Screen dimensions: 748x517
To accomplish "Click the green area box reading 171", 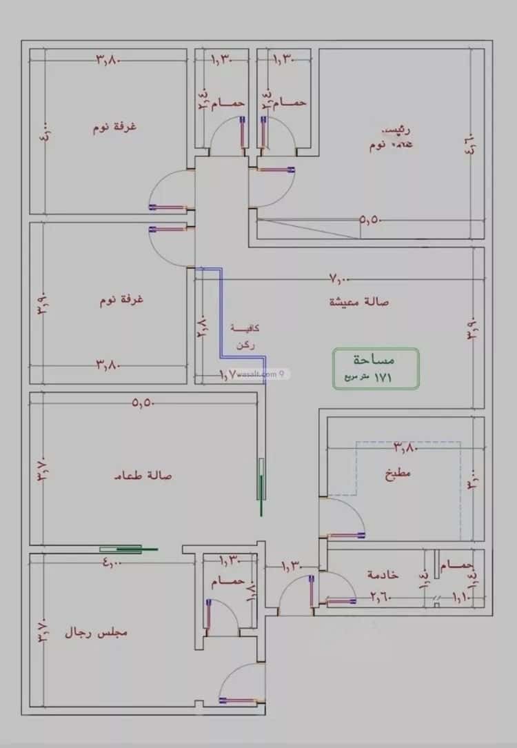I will pyautogui.click(x=376, y=368).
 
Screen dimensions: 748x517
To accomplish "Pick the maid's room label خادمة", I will pyautogui.click(x=382, y=574).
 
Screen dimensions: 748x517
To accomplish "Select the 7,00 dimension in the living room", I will pyautogui.click(x=340, y=279).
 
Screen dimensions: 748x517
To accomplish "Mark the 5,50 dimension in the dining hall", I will pyautogui.click(x=143, y=404).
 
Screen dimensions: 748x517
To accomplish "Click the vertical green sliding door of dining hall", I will pyautogui.click(x=261, y=487).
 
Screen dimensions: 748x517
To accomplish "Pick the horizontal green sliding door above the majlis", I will pyautogui.click(x=129, y=549).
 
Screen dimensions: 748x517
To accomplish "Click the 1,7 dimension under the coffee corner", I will pyautogui.click(x=228, y=374).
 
